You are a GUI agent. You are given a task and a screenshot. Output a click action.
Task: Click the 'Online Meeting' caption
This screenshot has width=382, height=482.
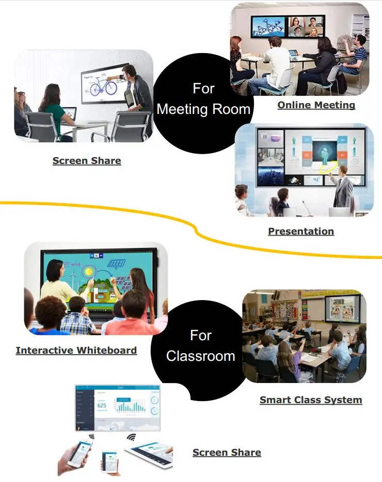[x=316, y=105]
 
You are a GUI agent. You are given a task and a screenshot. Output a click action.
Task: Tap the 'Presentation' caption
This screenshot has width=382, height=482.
[x=301, y=231]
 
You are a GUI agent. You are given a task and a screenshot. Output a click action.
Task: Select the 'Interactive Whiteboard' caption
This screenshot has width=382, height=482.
[x=76, y=351]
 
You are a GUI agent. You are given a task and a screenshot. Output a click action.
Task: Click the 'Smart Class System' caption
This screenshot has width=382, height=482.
[x=311, y=400]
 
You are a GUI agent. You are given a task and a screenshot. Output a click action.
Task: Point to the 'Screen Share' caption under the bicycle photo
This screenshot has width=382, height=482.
[x=87, y=161]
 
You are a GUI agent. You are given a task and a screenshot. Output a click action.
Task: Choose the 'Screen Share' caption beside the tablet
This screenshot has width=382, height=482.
[x=227, y=453]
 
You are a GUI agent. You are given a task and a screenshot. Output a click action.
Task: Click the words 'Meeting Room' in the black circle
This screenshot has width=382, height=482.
[x=203, y=109]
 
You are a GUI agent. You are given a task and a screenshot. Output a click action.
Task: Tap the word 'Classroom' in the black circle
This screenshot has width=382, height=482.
[x=200, y=356]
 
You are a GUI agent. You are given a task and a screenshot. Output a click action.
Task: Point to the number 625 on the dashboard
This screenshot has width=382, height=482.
[x=102, y=406]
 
